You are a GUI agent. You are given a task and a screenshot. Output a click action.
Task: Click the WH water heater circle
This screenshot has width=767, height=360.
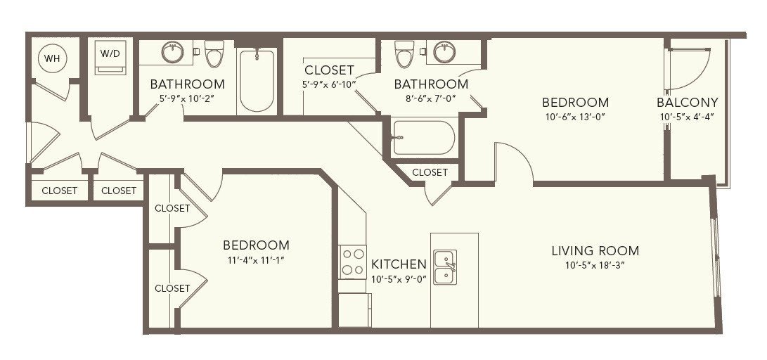(x=52, y=58)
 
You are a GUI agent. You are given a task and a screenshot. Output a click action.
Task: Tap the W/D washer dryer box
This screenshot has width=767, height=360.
(x=110, y=57)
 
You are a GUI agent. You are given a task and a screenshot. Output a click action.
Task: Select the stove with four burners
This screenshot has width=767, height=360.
(x=353, y=262)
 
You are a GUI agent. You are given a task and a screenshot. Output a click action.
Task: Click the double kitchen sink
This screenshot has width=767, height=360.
(x=445, y=267)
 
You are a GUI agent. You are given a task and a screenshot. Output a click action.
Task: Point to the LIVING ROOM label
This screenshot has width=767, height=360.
(x=595, y=252)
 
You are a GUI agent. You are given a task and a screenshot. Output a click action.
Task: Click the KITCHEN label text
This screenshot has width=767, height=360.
(x=399, y=264)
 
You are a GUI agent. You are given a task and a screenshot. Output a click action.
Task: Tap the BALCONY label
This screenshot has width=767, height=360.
(x=688, y=103)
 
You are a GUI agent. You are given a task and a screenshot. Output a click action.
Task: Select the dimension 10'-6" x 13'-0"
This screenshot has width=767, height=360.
(x=575, y=117)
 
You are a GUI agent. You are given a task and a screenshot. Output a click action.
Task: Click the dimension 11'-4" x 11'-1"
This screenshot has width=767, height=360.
(x=256, y=259)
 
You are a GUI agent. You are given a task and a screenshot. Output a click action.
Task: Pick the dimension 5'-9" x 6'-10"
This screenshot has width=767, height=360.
(x=329, y=84)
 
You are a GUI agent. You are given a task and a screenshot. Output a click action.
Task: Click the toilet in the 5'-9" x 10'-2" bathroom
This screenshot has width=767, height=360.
(x=214, y=53)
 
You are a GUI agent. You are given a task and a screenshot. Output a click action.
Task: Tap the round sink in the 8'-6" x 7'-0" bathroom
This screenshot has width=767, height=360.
(x=444, y=52)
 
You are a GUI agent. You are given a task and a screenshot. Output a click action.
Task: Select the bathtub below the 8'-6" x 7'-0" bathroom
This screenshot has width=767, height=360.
(x=423, y=137)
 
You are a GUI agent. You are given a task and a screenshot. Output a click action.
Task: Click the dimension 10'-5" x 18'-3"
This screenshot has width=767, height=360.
(x=595, y=266)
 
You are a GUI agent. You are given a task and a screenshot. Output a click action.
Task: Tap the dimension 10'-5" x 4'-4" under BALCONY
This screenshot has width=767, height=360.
(x=688, y=117)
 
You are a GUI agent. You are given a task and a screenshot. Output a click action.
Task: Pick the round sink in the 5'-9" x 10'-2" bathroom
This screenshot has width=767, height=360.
(x=173, y=52)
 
